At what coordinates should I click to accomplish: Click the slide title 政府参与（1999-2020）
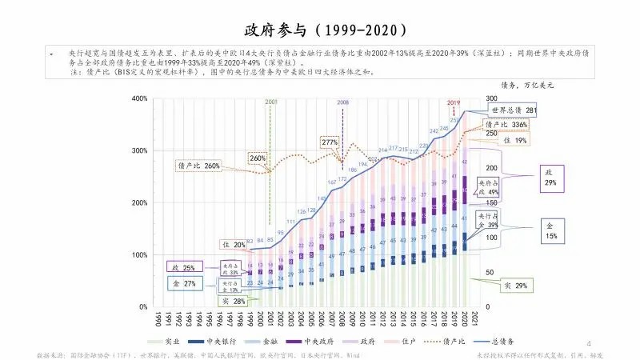tap(320, 30)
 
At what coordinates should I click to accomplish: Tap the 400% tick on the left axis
tap(138, 98)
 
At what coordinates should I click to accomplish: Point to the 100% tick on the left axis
tap(138, 255)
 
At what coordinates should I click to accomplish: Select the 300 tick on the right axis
tap(494, 98)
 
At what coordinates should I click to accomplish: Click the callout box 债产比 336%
tap(506, 126)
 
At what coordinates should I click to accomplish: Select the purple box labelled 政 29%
tap(550, 178)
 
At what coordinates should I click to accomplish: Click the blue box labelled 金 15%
tap(550, 231)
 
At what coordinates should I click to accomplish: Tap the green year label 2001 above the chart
tap(271, 102)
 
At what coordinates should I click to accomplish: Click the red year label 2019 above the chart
tap(454, 102)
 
